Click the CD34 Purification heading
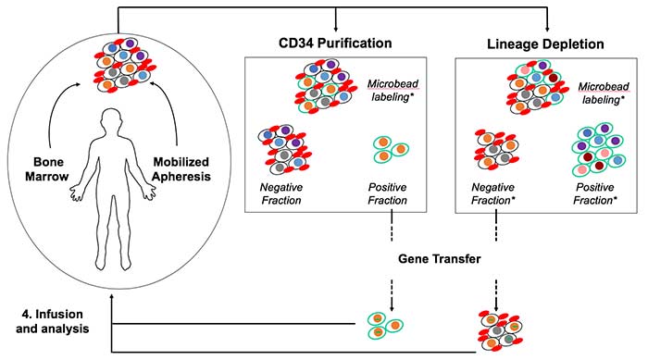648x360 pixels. click(x=334, y=43)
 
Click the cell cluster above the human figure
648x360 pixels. click(x=118, y=63)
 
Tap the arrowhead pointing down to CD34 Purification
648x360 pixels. click(x=336, y=29)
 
